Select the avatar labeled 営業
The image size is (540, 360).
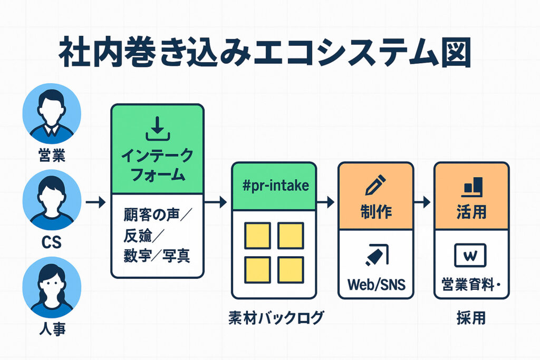click(x=52, y=113)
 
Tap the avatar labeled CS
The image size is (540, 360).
click(x=52, y=199)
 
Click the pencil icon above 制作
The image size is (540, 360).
click(x=375, y=185)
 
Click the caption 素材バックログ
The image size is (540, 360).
click(x=276, y=318)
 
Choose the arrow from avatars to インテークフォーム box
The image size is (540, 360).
click(x=95, y=201)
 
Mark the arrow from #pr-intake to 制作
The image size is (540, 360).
click(x=327, y=201)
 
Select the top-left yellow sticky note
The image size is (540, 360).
click(x=257, y=235)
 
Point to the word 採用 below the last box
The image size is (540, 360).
click(x=470, y=318)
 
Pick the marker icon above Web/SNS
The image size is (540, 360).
click(x=375, y=256)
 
